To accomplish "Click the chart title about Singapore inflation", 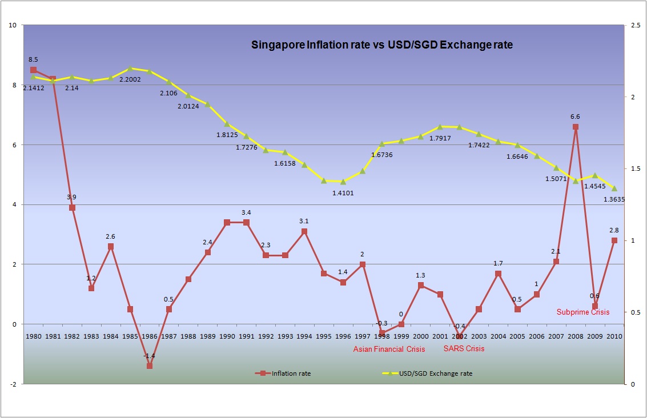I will (382, 45).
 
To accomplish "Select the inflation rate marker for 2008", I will (576, 127).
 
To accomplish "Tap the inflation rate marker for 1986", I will (150, 365).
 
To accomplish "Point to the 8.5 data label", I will (33, 59).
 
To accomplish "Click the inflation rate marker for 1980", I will (33, 70).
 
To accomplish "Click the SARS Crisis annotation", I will (464, 348).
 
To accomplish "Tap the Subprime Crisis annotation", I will (582, 312).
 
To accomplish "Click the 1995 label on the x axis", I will (324, 336).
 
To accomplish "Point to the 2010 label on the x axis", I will (614, 336).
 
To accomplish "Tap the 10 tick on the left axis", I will (13, 25).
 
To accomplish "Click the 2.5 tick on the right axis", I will (634, 25).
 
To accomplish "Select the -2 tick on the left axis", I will (13, 384).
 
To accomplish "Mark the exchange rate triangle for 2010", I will (614, 188).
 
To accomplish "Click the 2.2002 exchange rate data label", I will (133, 79).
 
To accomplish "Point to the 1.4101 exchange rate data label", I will (343, 193).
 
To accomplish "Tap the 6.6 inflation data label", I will (576, 116).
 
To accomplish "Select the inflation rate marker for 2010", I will (614, 240).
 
